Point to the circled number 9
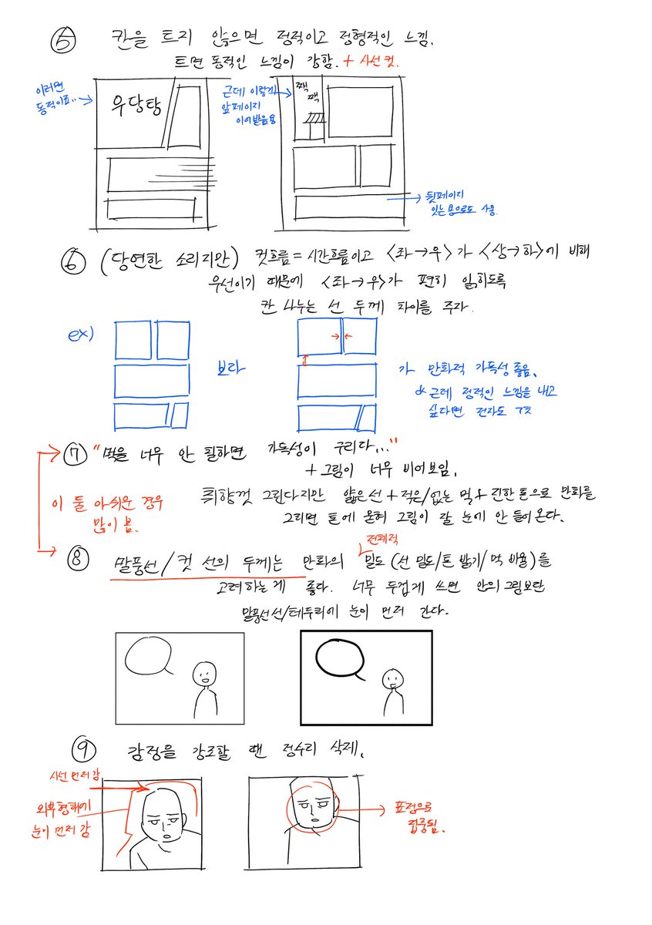82,747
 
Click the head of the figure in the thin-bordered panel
204,674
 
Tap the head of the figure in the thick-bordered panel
393,679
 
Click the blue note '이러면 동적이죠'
54,96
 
